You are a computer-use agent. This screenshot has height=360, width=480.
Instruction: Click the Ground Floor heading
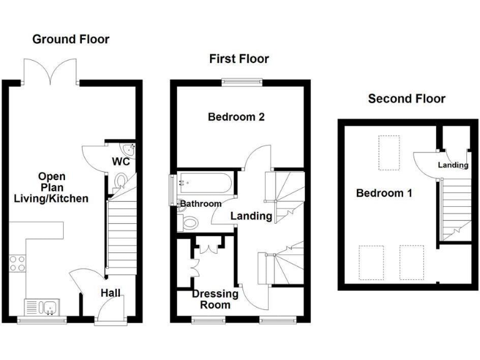click(71, 39)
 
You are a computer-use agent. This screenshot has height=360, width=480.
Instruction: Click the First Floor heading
click(239, 59)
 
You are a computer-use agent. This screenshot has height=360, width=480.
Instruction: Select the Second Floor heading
click(406, 99)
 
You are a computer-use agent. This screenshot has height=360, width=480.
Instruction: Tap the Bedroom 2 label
click(232, 117)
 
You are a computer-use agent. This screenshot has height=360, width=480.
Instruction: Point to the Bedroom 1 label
click(384, 193)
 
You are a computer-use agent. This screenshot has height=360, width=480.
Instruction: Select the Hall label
click(111, 292)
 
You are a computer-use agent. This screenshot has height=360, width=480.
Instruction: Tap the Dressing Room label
click(215, 299)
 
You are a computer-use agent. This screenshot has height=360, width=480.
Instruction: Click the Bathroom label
click(201, 204)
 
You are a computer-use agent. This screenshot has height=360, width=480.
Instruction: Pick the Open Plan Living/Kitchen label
click(52, 187)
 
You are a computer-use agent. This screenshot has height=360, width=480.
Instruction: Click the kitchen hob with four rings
click(17, 264)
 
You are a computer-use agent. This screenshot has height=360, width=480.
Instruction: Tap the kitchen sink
click(41, 307)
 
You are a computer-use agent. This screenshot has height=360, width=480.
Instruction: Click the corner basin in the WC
click(130, 149)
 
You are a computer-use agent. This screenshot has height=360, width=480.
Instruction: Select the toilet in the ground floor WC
click(121, 182)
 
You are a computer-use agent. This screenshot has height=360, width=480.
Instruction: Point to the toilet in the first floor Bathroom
click(190, 222)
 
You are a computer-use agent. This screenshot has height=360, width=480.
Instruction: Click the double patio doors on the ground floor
click(49, 71)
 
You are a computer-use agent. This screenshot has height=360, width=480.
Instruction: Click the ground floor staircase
click(121, 237)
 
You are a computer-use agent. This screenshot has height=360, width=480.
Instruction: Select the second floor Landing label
click(452, 166)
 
